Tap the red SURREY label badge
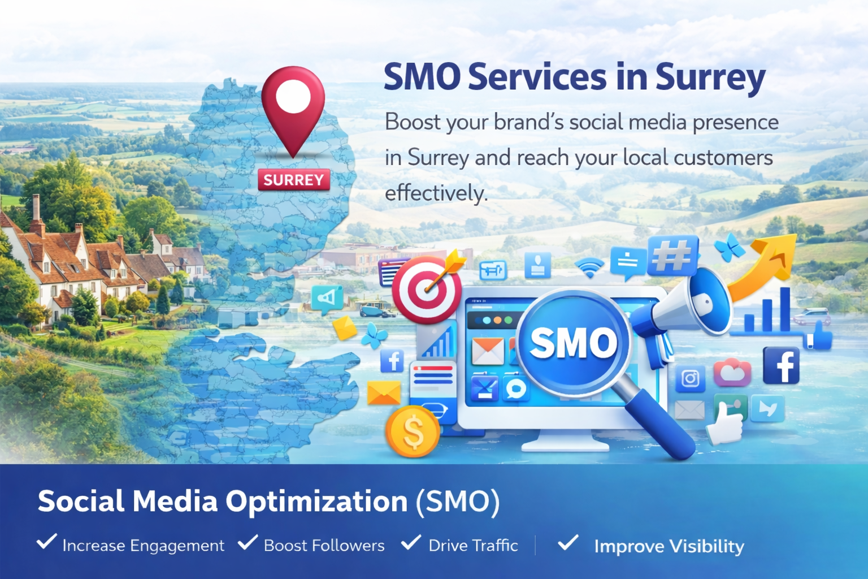tap(293, 180)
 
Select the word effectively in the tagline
tap(436, 193)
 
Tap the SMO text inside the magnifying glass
tap(572, 343)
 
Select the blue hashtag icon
tap(672, 255)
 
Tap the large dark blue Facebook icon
tap(781, 366)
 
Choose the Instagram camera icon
tap(690, 378)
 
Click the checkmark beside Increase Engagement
tap(46, 542)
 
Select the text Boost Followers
tap(324, 546)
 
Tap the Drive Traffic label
tap(473, 546)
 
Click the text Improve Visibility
tap(669, 546)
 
